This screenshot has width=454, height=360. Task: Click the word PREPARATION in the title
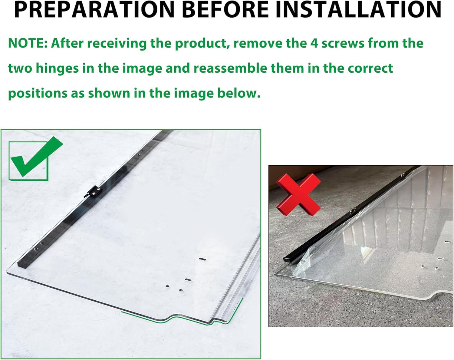(95, 9)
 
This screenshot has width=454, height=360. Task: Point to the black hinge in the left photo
(93, 191)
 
